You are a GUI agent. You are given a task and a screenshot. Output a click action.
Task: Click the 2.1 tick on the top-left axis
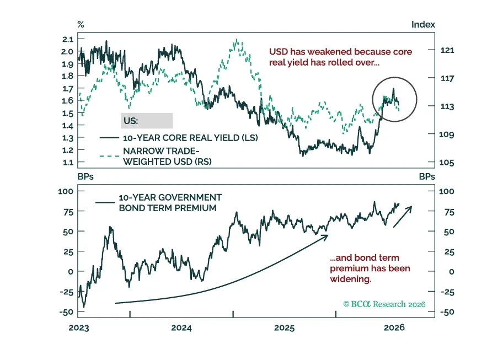[68, 40]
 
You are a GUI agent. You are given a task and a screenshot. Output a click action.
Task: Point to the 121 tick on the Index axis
[447, 50]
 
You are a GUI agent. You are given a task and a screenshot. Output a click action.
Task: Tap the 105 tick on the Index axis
[447, 163]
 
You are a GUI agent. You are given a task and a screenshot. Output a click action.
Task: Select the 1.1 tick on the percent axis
[68, 162]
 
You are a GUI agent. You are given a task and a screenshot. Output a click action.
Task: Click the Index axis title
[423, 24]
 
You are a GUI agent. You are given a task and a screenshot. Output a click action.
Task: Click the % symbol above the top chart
[81, 24]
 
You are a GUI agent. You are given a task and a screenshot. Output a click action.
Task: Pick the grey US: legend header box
[147, 121]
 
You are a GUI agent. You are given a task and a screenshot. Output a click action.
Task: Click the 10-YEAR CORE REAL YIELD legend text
[190, 138]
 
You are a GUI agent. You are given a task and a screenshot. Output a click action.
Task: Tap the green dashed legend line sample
[109, 156]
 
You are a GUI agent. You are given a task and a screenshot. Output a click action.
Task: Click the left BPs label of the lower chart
[85, 176]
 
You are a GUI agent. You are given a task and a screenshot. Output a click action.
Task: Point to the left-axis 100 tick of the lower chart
[66, 191]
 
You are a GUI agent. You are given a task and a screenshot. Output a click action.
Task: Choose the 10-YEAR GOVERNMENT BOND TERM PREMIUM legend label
[170, 202]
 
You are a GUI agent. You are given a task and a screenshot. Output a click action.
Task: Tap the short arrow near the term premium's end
[403, 217]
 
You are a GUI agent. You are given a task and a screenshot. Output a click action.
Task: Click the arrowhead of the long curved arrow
[325, 237]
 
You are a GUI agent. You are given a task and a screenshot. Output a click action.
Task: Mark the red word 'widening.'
[351, 279]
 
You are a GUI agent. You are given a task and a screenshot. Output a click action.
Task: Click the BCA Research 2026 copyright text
[384, 304]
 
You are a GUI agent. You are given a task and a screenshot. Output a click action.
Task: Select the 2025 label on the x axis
[284, 328]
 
